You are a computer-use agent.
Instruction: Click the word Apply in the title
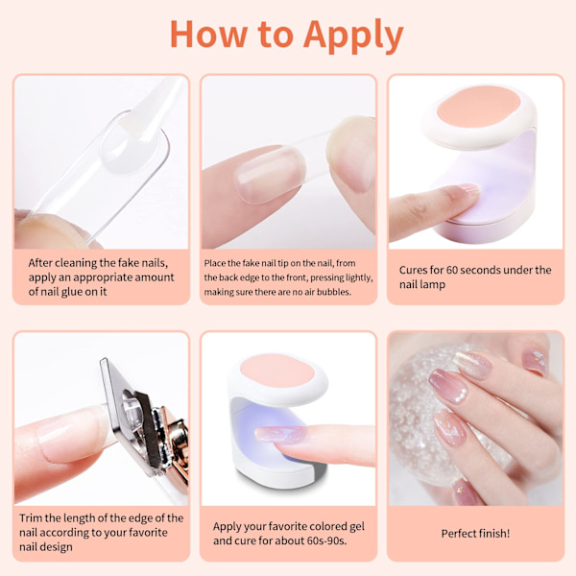coord(353,36)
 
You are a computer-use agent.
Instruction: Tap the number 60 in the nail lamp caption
coord(451,270)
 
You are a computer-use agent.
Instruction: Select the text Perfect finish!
coord(475,534)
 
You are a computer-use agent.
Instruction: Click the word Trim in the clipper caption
coord(31,518)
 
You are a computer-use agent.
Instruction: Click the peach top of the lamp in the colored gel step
coord(277,370)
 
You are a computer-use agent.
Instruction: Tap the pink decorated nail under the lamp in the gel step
coord(280,434)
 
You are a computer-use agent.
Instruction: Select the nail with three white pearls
coord(448,387)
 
